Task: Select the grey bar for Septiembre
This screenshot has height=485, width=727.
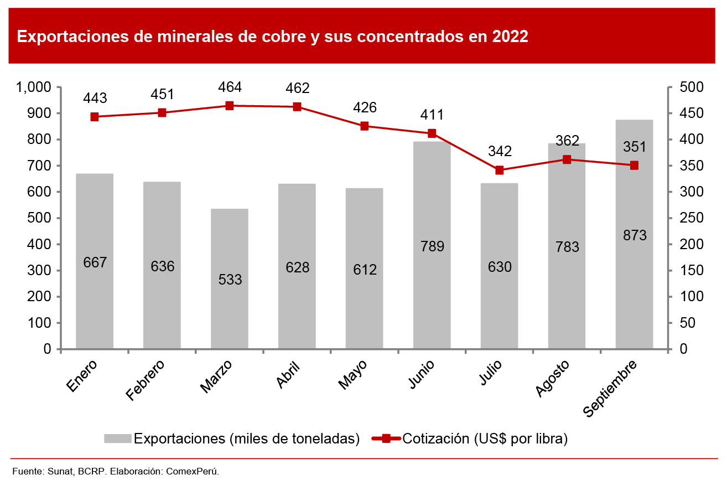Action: tap(634, 277)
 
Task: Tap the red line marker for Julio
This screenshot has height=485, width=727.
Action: tap(500, 170)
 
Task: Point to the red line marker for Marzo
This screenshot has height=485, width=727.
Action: tap(230, 106)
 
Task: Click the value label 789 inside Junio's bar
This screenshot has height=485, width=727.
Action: tap(432, 246)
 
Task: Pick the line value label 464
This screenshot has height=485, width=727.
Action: tap(230, 87)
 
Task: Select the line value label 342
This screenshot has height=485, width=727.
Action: tap(500, 151)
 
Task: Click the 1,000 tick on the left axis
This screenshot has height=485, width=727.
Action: tap(34, 87)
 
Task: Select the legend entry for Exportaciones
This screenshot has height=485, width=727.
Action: tap(232, 438)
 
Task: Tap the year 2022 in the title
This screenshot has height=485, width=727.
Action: tap(509, 37)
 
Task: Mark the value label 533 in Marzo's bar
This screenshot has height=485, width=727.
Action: tap(230, 280)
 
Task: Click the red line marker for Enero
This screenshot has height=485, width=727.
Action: tap(95, 117)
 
